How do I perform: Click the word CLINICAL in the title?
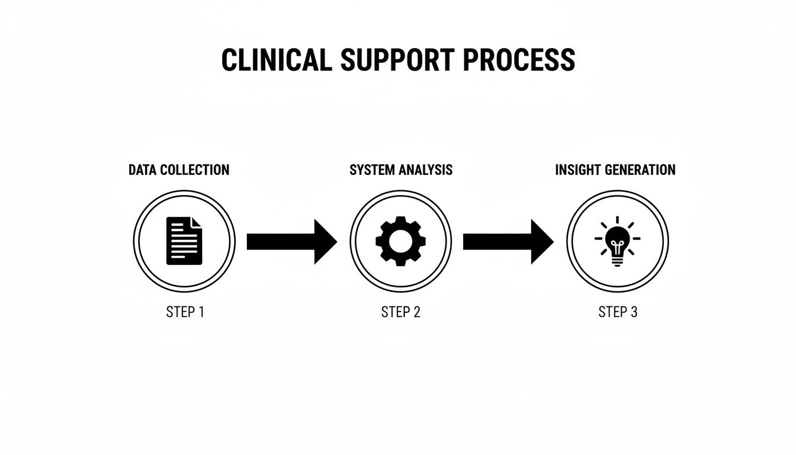277,60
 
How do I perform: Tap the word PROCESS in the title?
519,60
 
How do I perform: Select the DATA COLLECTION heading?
179,170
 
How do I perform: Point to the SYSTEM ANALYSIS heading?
400,170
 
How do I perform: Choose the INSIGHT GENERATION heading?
615,170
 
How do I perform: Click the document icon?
184,241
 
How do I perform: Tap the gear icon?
400,241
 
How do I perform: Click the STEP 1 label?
185,312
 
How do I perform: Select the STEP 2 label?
400,312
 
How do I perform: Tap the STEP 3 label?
618,312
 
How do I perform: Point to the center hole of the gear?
400,241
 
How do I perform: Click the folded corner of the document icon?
197,222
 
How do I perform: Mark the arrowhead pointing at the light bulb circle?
541,242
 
